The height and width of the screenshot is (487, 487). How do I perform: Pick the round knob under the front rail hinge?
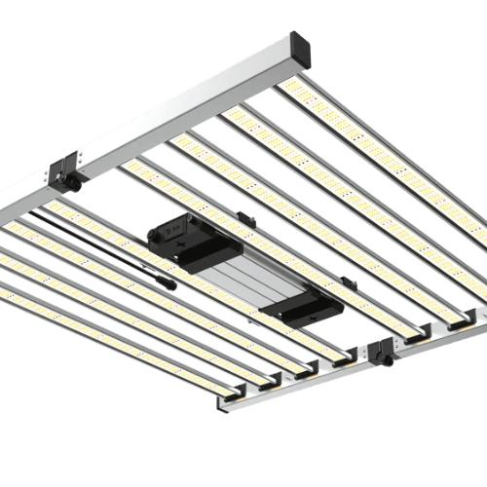click(x=388, y=361)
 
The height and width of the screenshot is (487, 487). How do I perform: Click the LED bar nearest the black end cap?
click(x=390, y=146)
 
